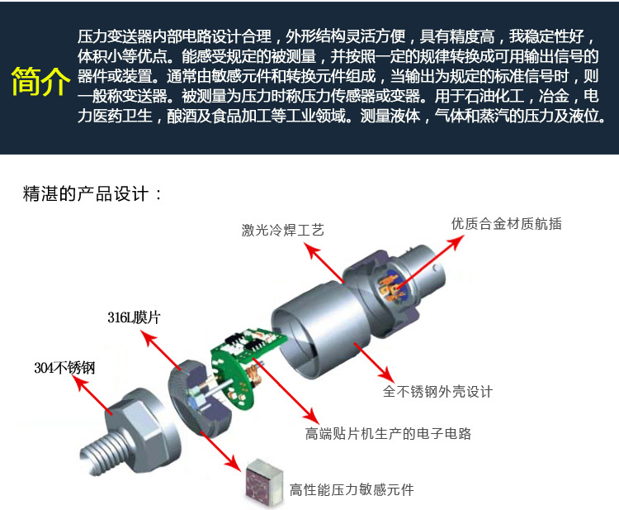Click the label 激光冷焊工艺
pyautogui.click(x=283, y=230)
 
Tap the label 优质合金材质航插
pyautogui.click(x=506, y=223)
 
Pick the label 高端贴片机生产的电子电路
pyautogui.click(x=389, y=433)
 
